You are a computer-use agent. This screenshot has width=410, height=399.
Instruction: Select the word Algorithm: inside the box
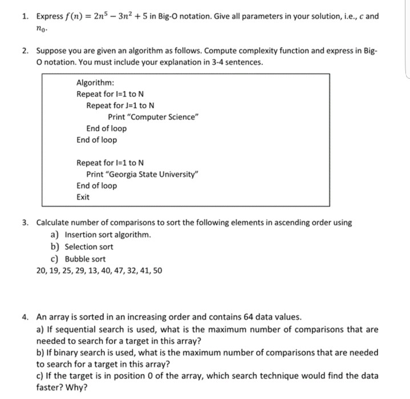coord(94,83)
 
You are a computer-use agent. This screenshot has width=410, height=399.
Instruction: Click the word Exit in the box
coord(83,197)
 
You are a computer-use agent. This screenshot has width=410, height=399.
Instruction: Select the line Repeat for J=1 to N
coord(120,105)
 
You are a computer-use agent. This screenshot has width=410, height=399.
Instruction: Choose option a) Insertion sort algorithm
coord(101,235)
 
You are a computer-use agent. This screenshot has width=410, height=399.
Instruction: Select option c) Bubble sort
coord(79,258)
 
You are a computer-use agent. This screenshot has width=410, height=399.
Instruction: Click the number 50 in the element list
coord(157,270)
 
